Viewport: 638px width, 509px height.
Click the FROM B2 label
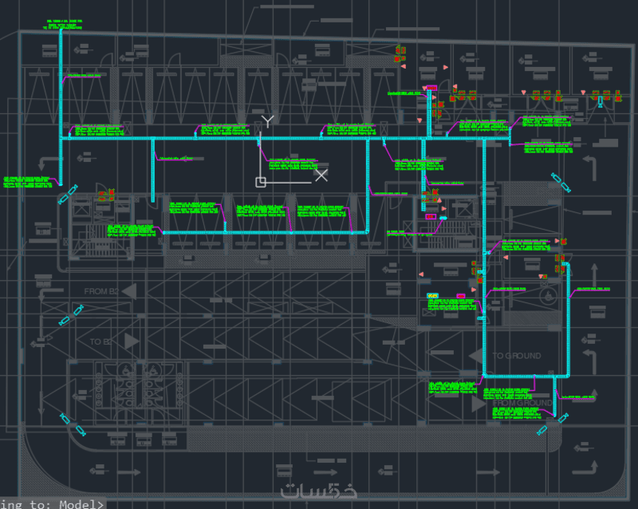pyautogui.click(x=100, y=292)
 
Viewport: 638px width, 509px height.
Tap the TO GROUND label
pyautogui.click(x=516, y=356)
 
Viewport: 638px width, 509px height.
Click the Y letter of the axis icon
pyautogui.click(x=269, y=121)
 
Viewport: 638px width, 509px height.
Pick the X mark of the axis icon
pyautogui.click(x=321, y=175)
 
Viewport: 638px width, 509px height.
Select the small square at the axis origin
pyautogui.click(x=260, y=182)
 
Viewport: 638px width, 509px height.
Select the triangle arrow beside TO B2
pyautogui.click(x=130, y=341)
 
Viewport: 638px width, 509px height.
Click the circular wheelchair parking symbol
pyautogui.click(x=549, y=296)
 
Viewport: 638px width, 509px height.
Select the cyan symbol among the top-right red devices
pyautogui.click(x=601, y=102)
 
